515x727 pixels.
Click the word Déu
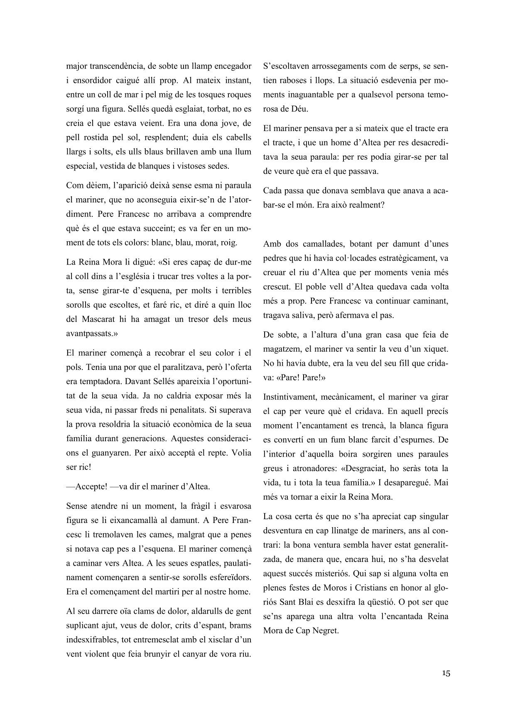(299, 109)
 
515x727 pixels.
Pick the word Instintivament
(289, 397)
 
